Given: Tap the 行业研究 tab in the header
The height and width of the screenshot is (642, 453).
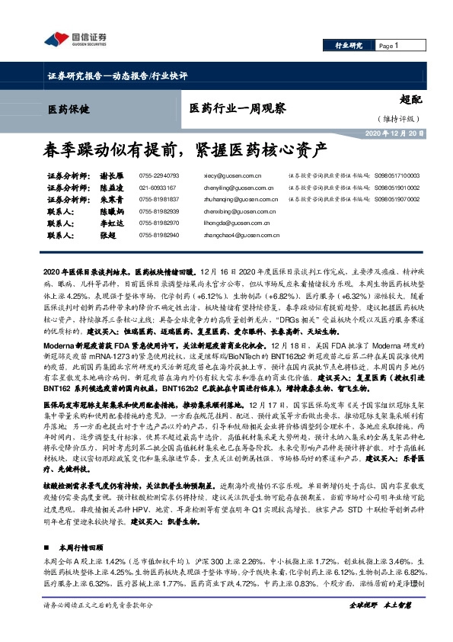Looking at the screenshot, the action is click(349, 46).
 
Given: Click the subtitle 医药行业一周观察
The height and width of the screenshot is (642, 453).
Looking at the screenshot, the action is click(238, 109).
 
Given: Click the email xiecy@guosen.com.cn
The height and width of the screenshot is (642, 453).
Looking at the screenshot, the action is click(226, 175).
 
